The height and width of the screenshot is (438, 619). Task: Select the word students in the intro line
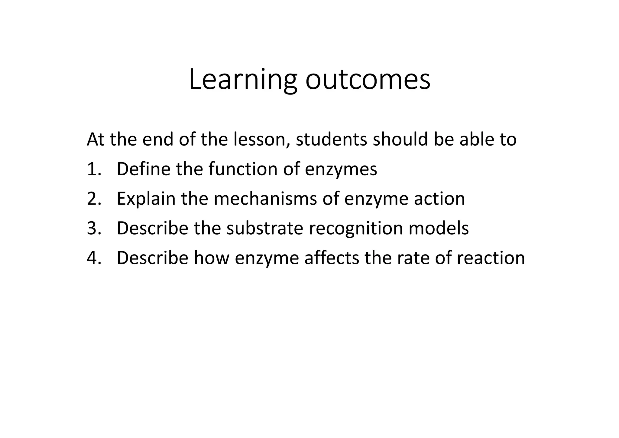coord(332,140)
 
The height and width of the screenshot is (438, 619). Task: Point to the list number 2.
coord(94,199)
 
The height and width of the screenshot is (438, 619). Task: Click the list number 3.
coord(94,228)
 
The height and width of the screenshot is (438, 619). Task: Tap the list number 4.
coord(94,258)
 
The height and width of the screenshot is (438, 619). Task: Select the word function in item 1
coord(243,169)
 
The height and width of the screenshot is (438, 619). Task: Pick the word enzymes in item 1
coord(341,170)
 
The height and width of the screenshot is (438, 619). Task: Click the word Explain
coord(146,199)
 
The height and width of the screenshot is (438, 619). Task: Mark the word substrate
coord(265,228)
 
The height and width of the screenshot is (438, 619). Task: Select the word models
coord(439,228)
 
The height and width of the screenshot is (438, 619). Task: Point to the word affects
coord(332,258)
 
